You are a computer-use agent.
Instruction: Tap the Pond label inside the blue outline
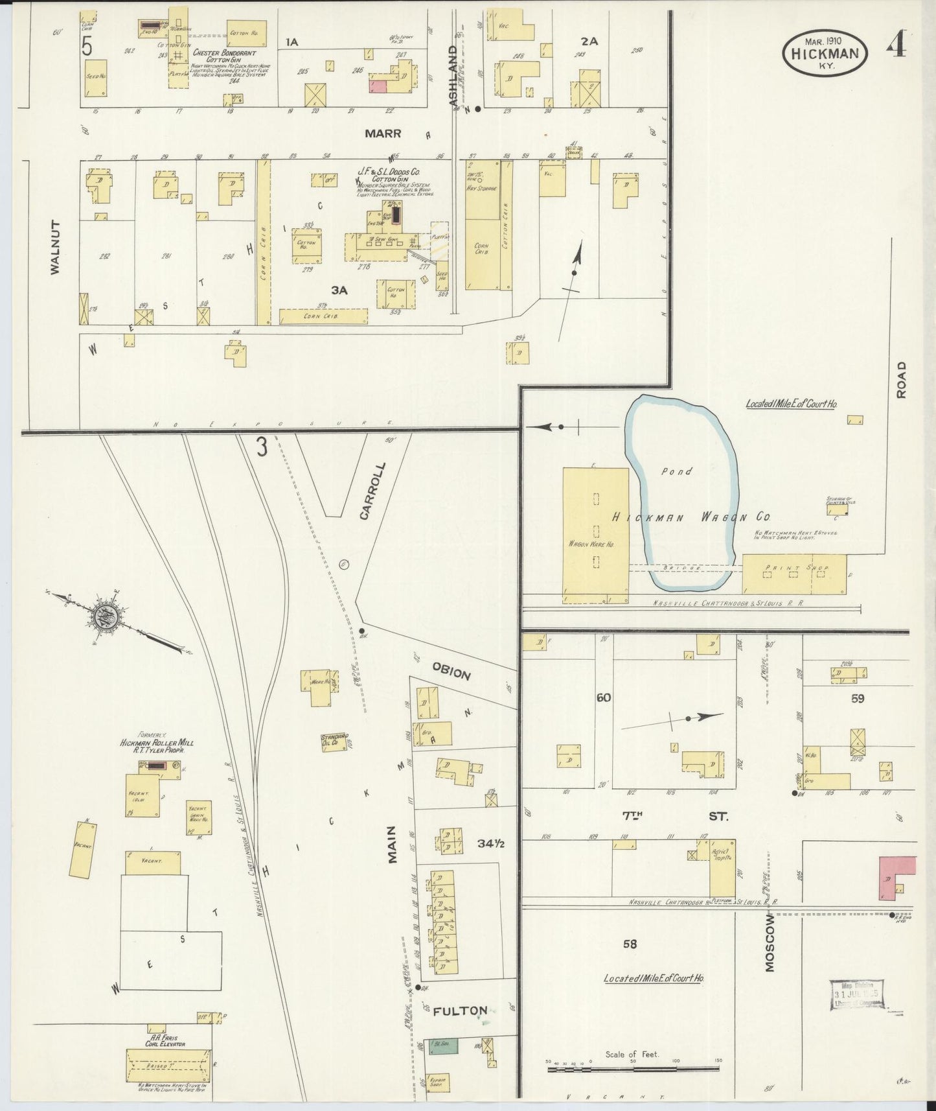[x=676, y=471]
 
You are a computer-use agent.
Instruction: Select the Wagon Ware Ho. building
[x=595, y=535]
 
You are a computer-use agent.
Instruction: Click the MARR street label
[x=383, y=134]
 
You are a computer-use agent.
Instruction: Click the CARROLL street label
[x=372, y=491]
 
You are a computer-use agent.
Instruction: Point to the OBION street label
[x=451, y=673]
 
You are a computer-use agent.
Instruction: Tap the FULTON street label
[x=460, y=1011]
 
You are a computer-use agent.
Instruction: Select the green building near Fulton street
[x=445, y=1044]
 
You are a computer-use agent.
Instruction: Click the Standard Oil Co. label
[x=335, y=740]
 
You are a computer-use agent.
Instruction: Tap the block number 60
[x=604, y=697]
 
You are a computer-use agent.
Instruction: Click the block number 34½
[x=491, y=843]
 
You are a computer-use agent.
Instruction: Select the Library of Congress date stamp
[x=858, y=994]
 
